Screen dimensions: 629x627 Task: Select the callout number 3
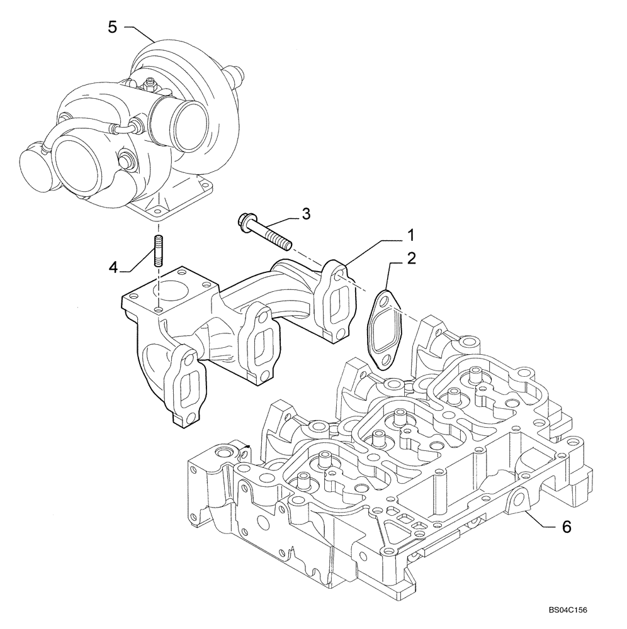pos(306,214)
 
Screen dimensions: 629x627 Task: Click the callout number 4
pos(113,267)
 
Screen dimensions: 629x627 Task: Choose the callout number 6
pos(566,527)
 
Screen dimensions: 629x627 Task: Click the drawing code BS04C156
pos(572,610)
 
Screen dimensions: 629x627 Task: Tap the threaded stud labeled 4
pos(158,250)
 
